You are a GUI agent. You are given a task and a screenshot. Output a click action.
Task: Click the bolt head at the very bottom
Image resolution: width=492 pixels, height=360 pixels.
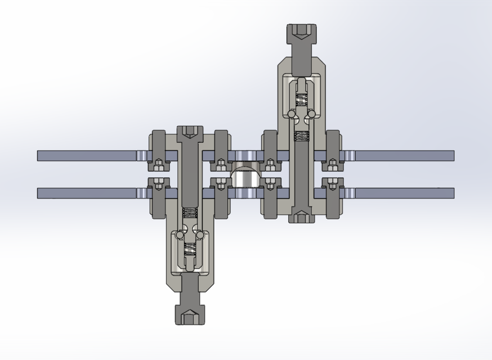[190, 316]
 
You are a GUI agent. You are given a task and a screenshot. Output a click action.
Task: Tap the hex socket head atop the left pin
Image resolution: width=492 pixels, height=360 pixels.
[190, 133]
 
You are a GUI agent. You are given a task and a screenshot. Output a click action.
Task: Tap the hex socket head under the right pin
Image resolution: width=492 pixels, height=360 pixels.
[302, 217]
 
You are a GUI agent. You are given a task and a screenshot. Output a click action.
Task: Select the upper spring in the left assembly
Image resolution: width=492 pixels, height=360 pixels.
[190, 213]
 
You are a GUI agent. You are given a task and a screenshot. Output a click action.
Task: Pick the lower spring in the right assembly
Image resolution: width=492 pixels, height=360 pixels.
[302, 136]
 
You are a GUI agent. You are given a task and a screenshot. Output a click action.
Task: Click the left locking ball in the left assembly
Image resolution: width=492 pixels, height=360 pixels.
[180, 234]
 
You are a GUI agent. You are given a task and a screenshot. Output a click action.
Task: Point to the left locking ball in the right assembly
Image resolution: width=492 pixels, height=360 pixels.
[292, 114]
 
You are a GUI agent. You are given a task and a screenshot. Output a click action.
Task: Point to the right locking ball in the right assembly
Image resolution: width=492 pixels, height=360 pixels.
[312, 114]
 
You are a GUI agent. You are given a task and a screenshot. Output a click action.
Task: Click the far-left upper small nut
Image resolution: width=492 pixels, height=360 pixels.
[159, 165]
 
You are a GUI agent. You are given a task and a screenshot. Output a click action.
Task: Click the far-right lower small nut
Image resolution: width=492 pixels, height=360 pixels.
[333, 183]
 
